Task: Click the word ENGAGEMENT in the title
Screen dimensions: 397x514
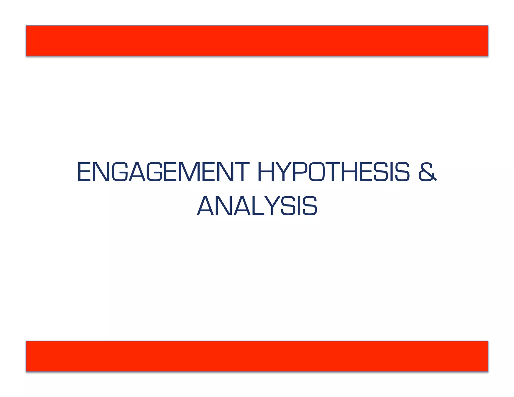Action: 163,172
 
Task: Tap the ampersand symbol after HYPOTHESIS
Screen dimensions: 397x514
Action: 427,172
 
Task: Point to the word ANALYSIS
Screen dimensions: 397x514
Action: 257,206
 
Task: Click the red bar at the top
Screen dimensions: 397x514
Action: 257,40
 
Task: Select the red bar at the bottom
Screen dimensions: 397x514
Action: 257,356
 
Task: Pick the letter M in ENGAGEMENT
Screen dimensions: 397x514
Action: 188,172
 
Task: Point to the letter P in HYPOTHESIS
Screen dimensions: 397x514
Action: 300,172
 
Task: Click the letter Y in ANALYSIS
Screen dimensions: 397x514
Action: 273,206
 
